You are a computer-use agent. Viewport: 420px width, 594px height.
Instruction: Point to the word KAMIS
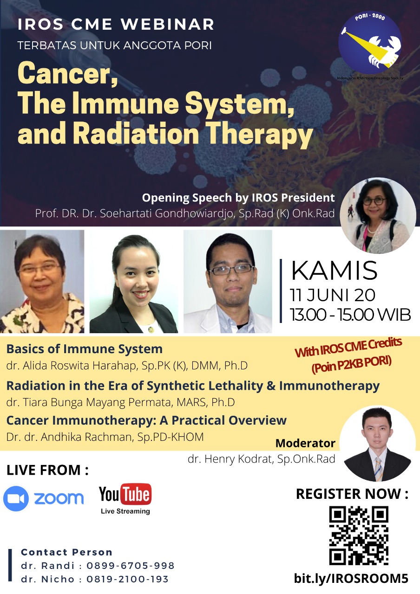tap(334, 271)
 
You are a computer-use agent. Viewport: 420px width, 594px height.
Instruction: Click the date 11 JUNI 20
tap(332, 295)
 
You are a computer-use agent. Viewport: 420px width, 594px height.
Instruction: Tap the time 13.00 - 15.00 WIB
tap(350, 315)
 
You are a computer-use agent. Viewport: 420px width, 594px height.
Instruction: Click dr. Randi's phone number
tap(131, 566)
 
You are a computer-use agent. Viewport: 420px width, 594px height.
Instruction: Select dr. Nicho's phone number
tap(127, 579)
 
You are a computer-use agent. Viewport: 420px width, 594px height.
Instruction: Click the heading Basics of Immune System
tap(85, 349)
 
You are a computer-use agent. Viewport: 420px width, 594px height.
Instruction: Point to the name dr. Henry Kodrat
tap(230, 458)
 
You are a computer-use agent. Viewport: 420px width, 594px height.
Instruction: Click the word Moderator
tap(305, 443)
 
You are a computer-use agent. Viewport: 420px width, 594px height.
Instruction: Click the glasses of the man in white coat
tap(232, 270)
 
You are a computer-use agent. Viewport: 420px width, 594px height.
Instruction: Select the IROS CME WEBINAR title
tap(116, 25)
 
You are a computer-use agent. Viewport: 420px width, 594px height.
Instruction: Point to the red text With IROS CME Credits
tap(348, 348)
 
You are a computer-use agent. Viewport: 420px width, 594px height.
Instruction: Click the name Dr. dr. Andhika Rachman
tap(70, 437)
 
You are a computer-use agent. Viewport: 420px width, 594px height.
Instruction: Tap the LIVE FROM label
tap(47, 471)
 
